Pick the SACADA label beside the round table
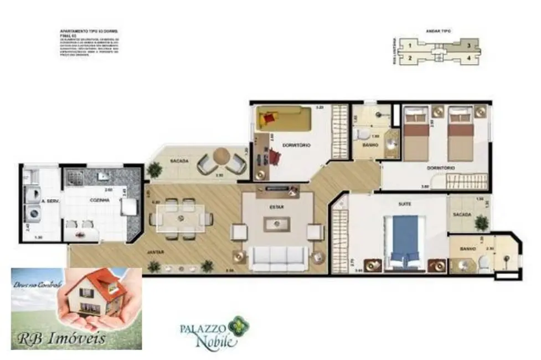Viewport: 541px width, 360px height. click(x=179, y=161)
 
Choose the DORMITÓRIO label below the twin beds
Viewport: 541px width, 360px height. click(x=442, y=167)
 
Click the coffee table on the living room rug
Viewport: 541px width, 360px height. click(x=277, y=224)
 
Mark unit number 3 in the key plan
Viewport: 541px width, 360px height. click(x=468, y=45)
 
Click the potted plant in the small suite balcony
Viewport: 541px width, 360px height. click(x=481, y=223)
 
